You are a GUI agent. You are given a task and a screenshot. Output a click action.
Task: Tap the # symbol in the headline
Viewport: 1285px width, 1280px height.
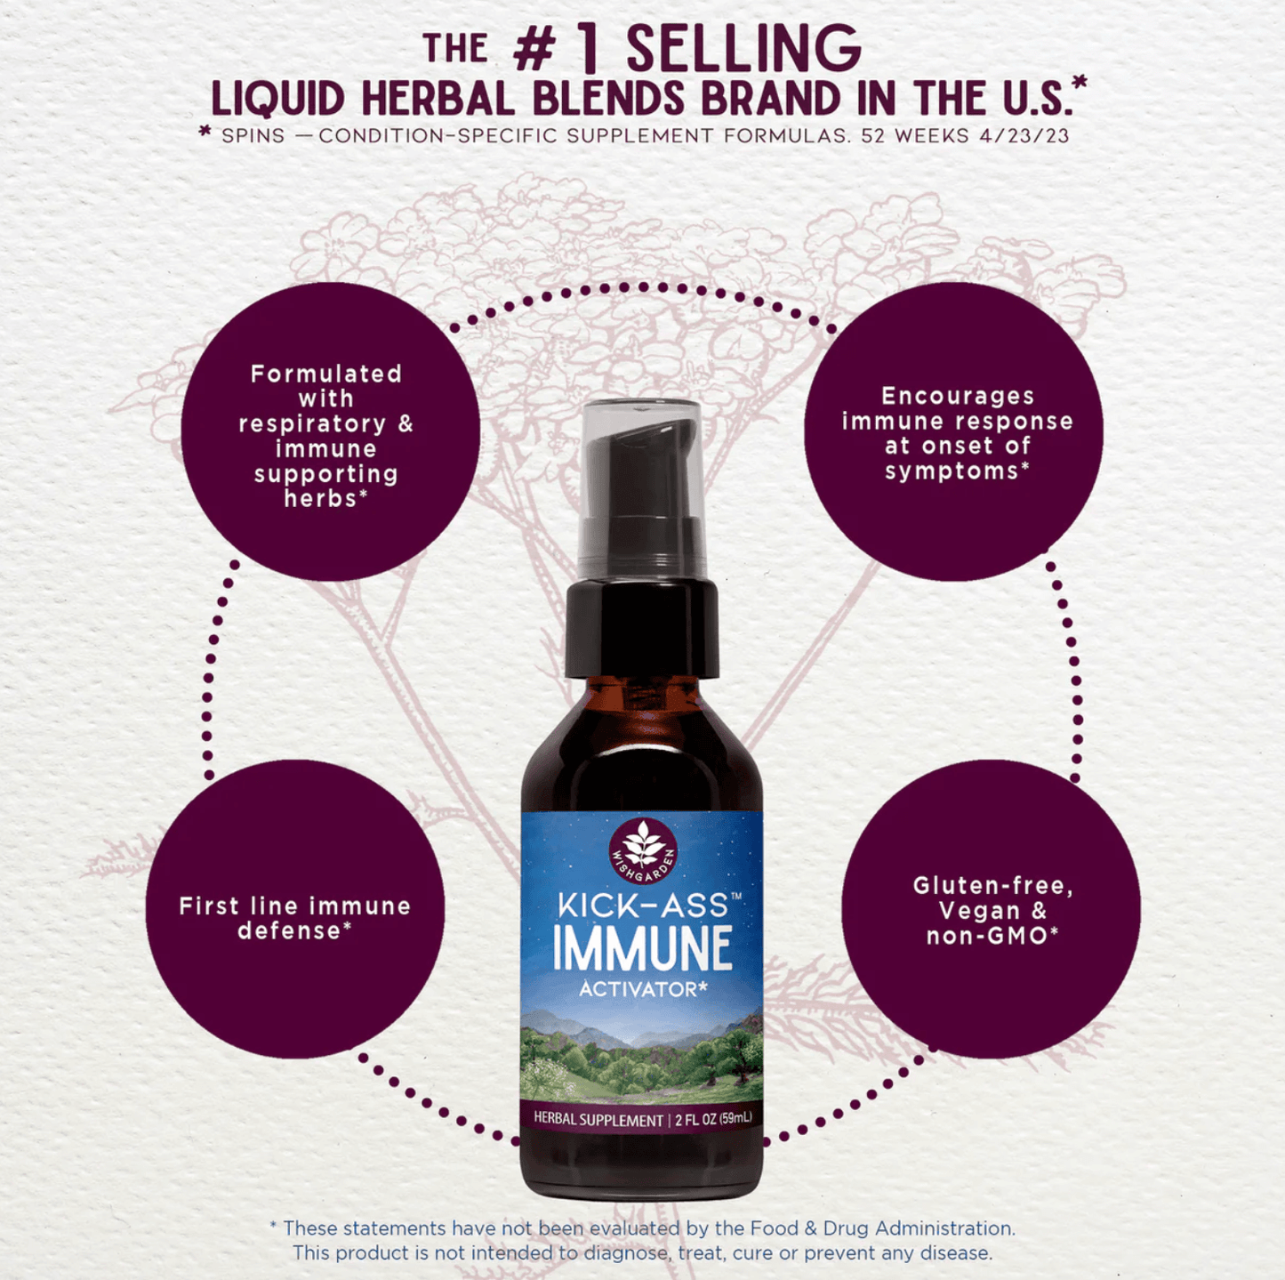(534, 52)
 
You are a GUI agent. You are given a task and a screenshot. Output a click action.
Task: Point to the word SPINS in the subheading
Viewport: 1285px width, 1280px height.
(253, 136)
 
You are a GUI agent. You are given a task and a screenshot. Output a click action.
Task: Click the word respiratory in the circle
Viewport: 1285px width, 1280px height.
(312, 423)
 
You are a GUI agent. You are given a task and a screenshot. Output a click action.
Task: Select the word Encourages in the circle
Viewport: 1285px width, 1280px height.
(958, 396)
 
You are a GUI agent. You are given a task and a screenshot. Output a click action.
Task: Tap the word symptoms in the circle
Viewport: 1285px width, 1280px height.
(952, 471)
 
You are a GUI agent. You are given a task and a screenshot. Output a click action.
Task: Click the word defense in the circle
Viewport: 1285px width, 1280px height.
(289, 931)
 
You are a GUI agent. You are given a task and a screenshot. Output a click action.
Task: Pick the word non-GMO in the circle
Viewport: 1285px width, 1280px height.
(987, 936)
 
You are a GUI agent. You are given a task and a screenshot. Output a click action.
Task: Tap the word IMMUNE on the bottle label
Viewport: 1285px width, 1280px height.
(642, 948)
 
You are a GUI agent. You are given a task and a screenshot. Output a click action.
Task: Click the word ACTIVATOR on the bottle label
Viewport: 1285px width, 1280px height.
(638, 989)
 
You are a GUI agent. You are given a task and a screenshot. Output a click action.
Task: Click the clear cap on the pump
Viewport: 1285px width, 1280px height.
(642, 480)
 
